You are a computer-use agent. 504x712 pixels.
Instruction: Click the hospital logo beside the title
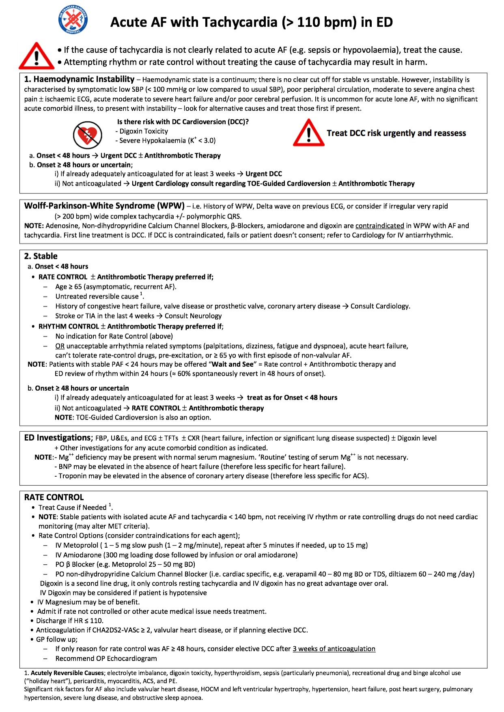(73, 19)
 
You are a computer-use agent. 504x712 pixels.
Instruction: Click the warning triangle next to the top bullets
(36, 56)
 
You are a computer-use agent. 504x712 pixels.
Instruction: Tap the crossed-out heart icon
(87, 136)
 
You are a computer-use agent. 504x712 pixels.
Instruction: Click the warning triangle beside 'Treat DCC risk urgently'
(309, 133)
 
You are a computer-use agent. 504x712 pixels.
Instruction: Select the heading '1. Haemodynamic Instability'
(79, 80)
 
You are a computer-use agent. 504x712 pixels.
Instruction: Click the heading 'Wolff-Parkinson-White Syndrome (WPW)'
(104, 206)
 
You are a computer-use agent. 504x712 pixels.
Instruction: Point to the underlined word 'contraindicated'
(379, 226)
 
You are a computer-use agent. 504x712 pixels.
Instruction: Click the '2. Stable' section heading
(41, 256)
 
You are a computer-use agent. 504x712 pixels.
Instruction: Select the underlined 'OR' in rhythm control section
(60, 346)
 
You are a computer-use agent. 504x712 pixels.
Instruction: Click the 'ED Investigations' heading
(58, 438)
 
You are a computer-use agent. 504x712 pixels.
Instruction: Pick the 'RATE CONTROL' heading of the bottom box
(54, 497)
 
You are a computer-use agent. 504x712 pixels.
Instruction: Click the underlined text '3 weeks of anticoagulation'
(334, 649)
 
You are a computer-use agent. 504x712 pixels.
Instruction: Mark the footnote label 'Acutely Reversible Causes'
(67, 673)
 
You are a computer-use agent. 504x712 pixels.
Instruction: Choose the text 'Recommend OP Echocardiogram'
(106, 658)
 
